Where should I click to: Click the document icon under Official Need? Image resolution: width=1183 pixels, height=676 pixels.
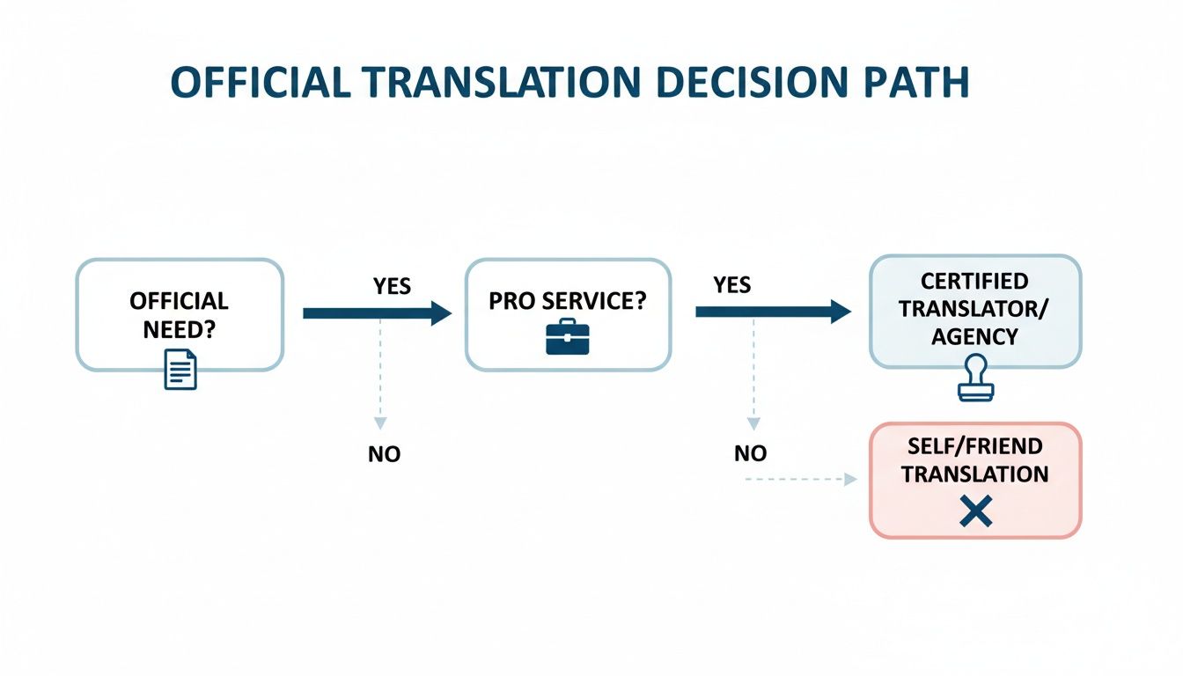click(x=180, y=368)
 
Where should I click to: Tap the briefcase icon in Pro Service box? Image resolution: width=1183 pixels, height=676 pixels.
click(x=567, y=337)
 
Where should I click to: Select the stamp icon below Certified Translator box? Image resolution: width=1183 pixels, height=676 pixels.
click(x=974, y=378)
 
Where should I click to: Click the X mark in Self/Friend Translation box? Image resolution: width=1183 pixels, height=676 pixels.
click(x=974, y=511)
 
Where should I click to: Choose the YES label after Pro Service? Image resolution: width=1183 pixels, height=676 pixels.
click(x=732, y=284)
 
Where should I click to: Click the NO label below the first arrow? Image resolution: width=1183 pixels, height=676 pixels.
click(x=384, y=454)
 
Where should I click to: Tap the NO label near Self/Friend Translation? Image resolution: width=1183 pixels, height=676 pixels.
click(x=750, y=453)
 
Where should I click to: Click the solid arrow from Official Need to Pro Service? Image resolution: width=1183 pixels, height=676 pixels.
click(x=377, y=313)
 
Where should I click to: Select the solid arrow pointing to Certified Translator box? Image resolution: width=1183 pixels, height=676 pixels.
click(x=773, y=312)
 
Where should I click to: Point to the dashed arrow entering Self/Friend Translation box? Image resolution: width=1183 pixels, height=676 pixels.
click(x=801, y=480)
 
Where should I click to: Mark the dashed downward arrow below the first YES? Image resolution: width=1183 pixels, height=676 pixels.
click(x=379, y=378)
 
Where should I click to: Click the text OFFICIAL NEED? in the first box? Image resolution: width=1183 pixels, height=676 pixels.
click(x=179, y=313)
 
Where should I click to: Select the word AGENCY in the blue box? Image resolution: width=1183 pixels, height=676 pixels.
click(x=974, y=336)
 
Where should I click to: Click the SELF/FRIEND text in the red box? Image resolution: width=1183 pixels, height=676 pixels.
click(x=974, y=448)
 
